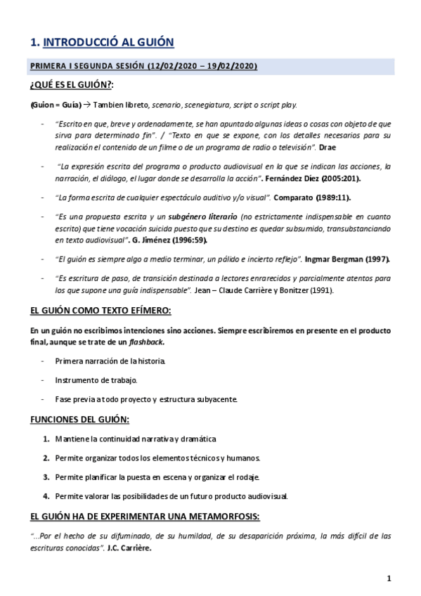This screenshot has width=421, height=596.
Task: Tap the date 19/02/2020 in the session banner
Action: click(228, 67)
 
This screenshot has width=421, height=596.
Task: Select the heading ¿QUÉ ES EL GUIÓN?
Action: click(72, 86)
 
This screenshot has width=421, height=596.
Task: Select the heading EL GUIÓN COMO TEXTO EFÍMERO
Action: click(101, 311)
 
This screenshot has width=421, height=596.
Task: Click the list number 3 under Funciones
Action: click(46, 477)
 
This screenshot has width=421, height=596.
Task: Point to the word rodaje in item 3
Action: click(246, 477)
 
